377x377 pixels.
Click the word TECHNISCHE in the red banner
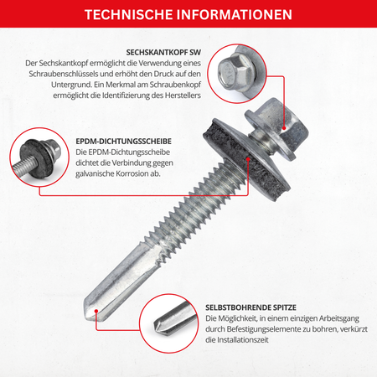129,14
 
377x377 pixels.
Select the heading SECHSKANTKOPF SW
163,53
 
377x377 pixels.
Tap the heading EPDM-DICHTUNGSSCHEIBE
124,142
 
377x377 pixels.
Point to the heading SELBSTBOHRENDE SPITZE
250,307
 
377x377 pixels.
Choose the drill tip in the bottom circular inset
173,321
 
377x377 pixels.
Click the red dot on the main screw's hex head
284,128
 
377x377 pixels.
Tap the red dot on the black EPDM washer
248,159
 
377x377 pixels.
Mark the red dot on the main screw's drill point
96,311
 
